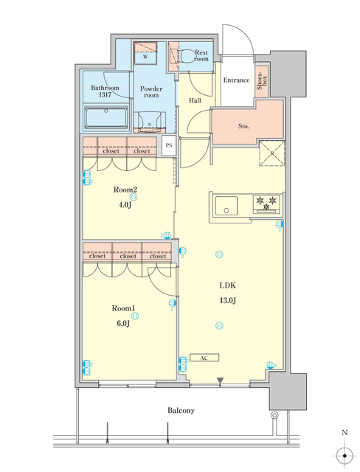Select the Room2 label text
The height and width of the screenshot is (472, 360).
[x=125, y=189]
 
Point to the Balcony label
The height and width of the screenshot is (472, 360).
[x=179, y=410]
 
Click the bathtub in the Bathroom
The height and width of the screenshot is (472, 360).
[x=108, y=117]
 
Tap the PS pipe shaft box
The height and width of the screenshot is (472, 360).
[x=168, y=145]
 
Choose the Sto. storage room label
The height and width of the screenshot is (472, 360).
[x=243, y=125]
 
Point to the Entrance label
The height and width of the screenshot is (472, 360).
[x=236, y=80]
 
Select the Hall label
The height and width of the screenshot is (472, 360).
[x=195, y=100]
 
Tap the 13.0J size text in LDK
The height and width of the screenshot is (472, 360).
[x=226, y=300]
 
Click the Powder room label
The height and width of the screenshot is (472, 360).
[x=150, y=91]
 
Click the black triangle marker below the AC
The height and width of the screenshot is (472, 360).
[x=219, y=381]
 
